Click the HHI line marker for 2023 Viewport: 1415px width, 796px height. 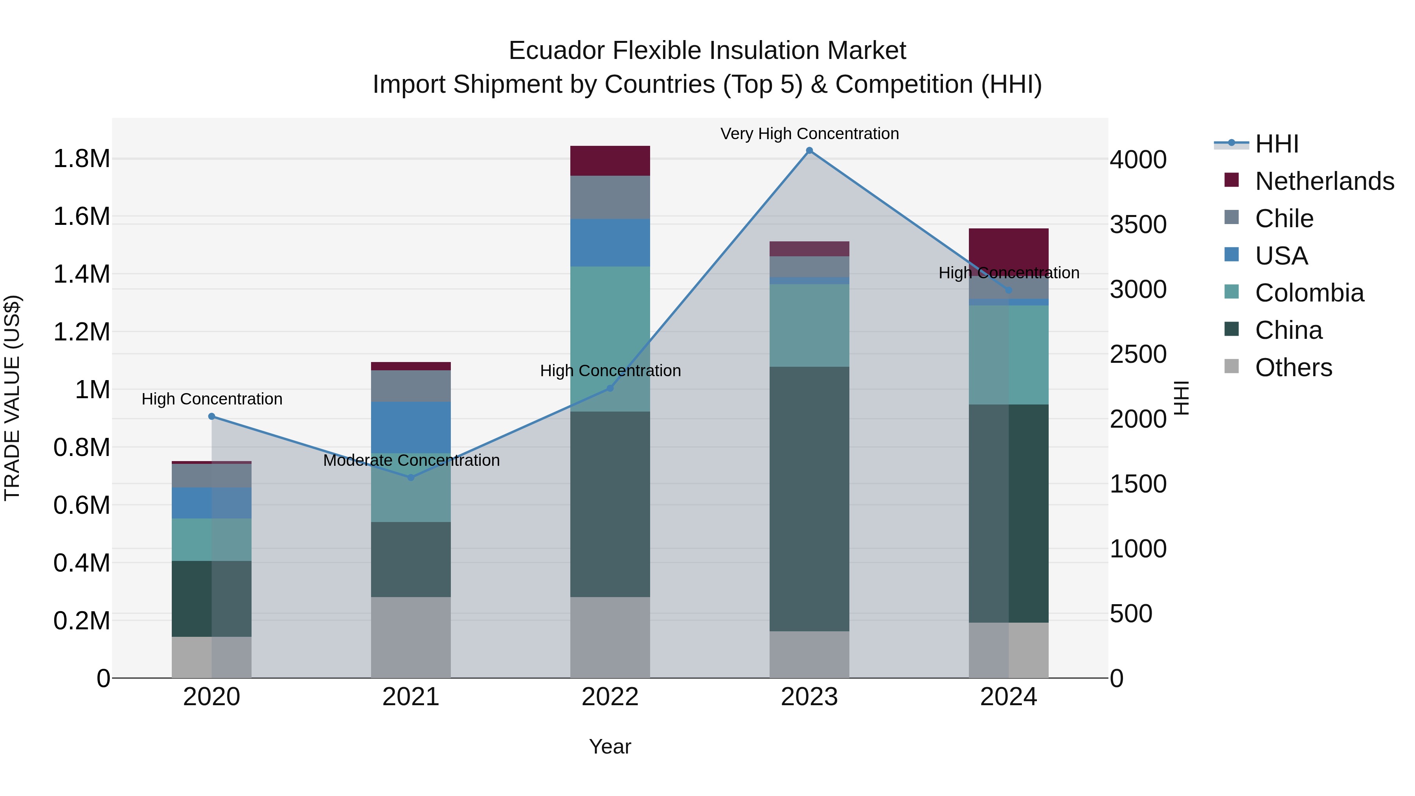[x=809, y=151]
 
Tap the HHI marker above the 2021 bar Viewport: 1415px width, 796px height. [x=411, y=477]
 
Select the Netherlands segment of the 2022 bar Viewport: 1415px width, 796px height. [x=610, y=160]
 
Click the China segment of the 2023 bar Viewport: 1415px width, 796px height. [x=809, y=498]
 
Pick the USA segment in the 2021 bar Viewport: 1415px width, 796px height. [x=411, y=427]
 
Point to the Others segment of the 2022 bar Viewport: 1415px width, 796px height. [x=610, y=637]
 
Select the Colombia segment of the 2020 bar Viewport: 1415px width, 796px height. [x=211, y=539]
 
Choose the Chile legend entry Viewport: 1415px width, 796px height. [x=1283, y=219]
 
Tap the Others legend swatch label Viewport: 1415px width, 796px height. [x=1293, y=368]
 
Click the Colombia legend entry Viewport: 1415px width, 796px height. [x=1308, y=293]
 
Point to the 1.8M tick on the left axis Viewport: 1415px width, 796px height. [x=81, y=159]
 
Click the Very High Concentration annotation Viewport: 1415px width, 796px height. [x=809, y=134]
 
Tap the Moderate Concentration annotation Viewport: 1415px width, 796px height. [x=411, y=460]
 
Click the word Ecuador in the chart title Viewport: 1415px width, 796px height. [x=556, y=51]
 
